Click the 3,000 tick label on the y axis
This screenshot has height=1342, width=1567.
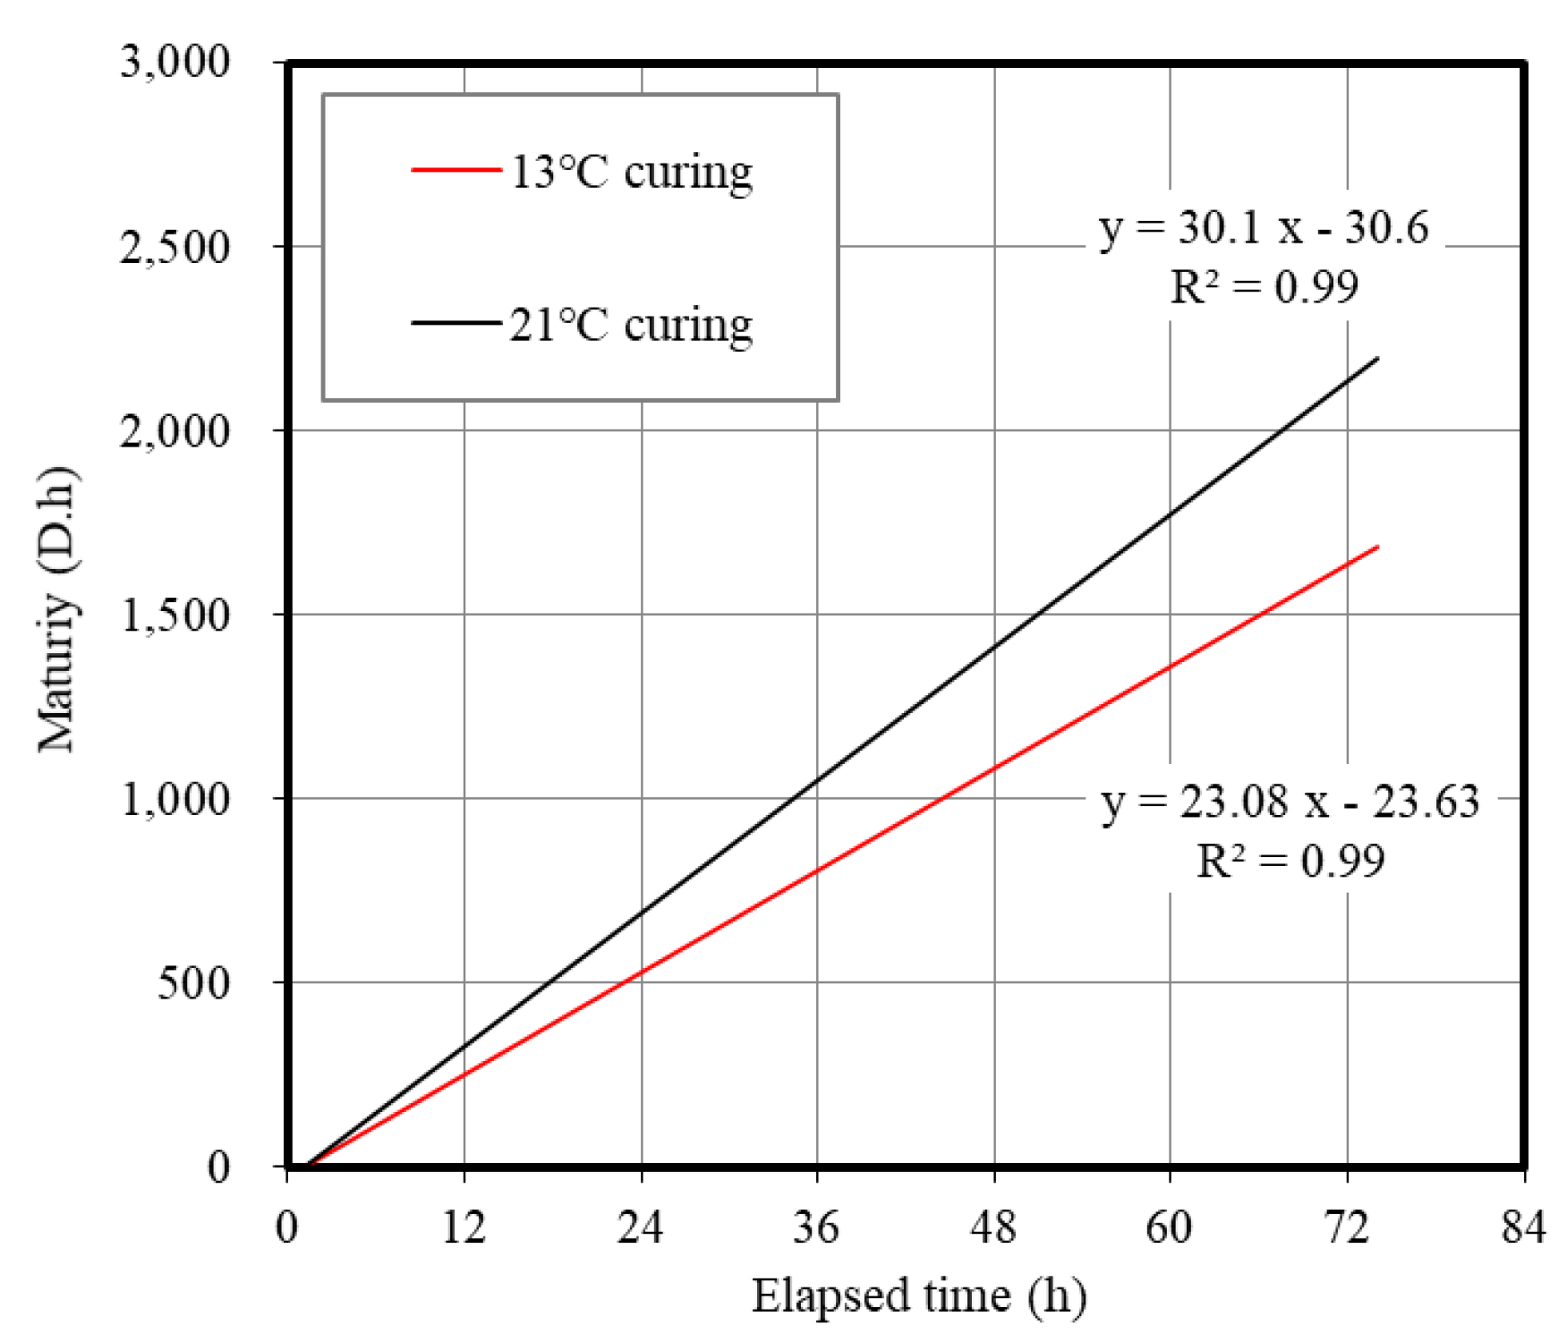pos(175,62)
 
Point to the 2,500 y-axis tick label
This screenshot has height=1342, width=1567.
pos(175,247)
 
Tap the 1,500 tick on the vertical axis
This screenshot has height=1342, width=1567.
pos(175,615)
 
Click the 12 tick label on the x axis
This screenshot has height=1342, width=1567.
pos(464,1227)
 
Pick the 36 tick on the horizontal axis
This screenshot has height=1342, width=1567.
pos(816,1227)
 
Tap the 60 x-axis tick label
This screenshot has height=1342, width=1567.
pos(1169,1227)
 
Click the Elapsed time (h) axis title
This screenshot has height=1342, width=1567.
pos(919,1295)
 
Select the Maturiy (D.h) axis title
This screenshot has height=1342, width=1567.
pos(58,609)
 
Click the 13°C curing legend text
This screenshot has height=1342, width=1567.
pos(631,172)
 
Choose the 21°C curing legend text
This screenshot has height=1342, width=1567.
pos(631,325)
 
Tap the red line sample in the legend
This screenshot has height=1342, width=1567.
pos(456,169)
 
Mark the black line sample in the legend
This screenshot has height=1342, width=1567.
pos(456,322)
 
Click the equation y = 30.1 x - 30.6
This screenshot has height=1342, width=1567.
pos(1264,228)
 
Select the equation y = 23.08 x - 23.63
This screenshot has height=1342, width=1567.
pos(1290,802)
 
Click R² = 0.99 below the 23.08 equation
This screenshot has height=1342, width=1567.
pos(1290,862)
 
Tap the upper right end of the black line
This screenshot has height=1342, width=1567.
pos(1376,359)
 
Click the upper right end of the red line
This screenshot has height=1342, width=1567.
pos(1376,547)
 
